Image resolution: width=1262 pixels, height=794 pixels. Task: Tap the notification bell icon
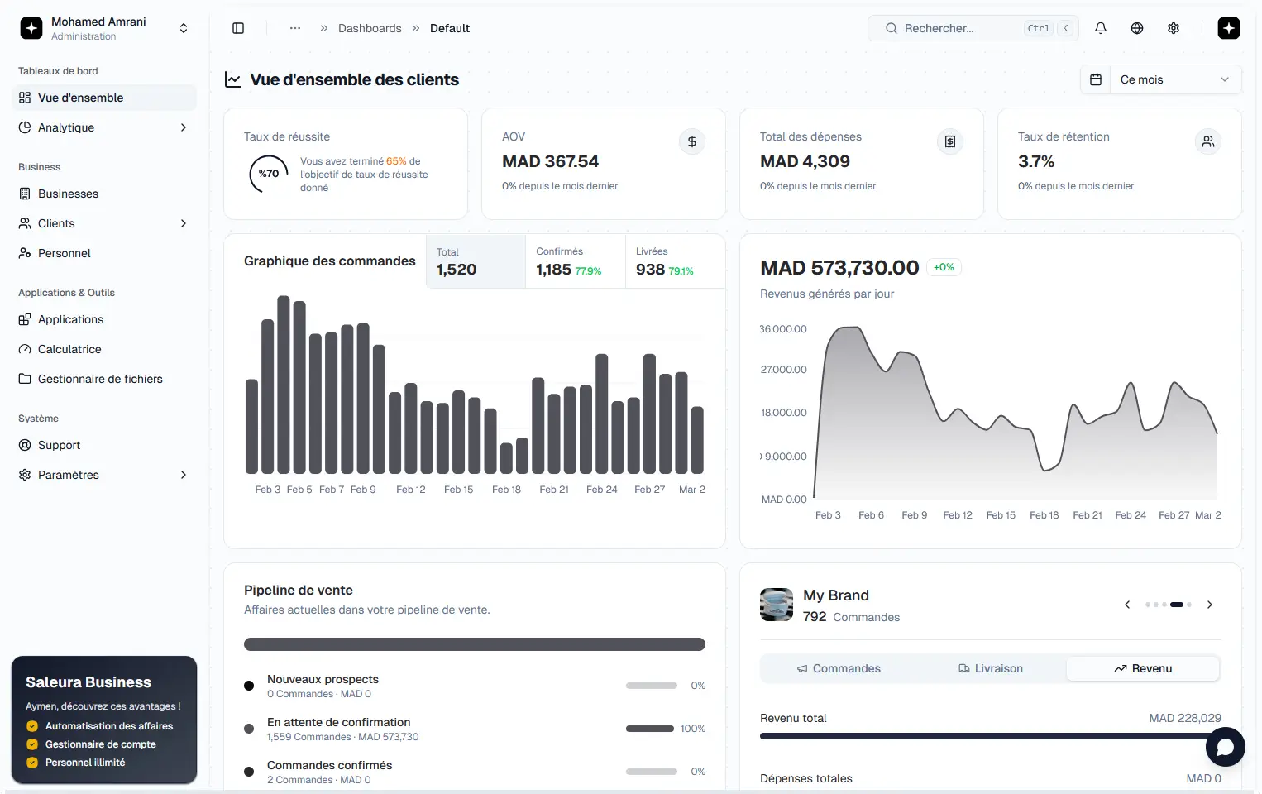pyautogui.click(x=1101, y=28)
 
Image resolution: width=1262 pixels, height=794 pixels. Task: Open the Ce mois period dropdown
pyautogui.click(x=1160, y=79)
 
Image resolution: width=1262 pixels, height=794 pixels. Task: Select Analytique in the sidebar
pyautogui.click(x=66, y=127)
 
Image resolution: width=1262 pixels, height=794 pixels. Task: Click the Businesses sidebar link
pyautogui.click(x=68, y=194)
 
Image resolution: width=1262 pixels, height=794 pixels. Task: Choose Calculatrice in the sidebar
pyautogui.click(x=69, y=349)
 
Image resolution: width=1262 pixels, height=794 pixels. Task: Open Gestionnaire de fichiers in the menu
pyautogui.click(x=100, y=379)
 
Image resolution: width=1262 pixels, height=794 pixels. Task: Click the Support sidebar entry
pyautogui.click(x=59, y=445)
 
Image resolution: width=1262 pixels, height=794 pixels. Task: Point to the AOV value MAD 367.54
pyautogui.click(x=550, y=161)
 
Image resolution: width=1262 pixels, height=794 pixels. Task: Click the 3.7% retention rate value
pyautogui.click(x=1036, y=161)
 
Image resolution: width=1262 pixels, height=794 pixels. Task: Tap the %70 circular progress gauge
pyautogui.click(x=268, y=174)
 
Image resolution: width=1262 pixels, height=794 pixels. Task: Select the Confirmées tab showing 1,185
pyautogui.click(x=575, y=261)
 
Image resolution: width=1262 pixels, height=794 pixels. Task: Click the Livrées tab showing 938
pyautogui.click(x=674, y=261)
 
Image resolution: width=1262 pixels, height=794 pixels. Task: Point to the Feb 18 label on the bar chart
pyautogui.click(x=506, y=490)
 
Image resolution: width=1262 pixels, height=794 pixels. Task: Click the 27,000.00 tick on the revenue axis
pyautogui.click(x=783, y=370)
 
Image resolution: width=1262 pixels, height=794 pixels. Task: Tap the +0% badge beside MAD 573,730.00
pyautogui.click(x=944, y=267)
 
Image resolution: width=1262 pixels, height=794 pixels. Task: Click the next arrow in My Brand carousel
pyautogui.click(x=1210, y=605)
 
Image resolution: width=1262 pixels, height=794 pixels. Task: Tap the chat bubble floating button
pyautogui.click(x=1225, y=747)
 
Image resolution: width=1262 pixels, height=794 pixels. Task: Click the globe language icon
pyautogui.click(x=1137, y=28)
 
